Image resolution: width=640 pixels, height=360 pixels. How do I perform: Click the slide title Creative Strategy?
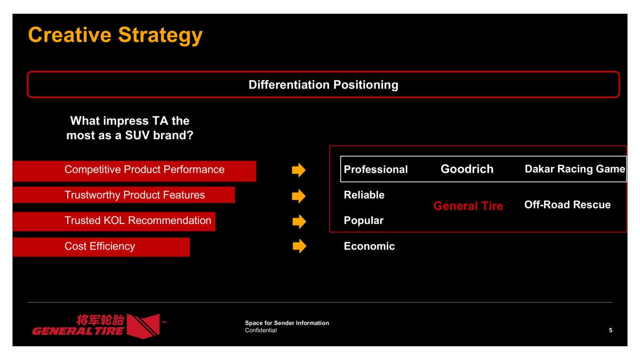(x=115, y=35)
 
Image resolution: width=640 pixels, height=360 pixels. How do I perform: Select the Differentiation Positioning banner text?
(x=323, y=85)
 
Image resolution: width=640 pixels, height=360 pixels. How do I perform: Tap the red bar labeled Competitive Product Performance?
(x=134, y=171)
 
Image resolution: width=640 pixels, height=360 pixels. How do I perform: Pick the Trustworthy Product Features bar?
(x=124, y=195)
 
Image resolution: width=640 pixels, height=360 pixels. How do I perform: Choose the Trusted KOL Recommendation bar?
(x=114, y=221)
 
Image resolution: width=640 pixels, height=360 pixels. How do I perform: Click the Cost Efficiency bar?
(x=101, y=247)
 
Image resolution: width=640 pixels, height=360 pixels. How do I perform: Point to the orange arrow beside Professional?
(x=299, y=170)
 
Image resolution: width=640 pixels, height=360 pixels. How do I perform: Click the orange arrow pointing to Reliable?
(x=299, y=196)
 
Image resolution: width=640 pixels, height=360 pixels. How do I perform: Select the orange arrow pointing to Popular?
(x=299, y=221)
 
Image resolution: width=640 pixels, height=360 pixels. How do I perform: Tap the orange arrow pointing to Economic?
(x=299, y=246)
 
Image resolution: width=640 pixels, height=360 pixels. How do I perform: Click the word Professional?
(x=375, y=170)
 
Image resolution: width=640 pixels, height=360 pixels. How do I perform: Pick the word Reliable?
(x=364, y=195)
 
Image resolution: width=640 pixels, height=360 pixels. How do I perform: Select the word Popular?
(x=363, y=221)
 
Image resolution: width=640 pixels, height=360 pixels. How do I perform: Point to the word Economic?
(x=369, y=246)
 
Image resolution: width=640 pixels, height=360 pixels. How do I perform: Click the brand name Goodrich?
(x=467, y=169)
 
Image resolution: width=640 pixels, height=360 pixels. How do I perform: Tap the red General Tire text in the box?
(x=468, y=206)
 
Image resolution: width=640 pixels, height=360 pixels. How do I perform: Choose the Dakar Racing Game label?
(x=575, y=169)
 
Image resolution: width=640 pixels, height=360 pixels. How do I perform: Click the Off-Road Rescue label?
(x=567, y=205)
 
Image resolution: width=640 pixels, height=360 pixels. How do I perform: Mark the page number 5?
(x=611, y=330)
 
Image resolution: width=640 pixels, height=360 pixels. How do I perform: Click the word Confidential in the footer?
(x=261, y=330)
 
